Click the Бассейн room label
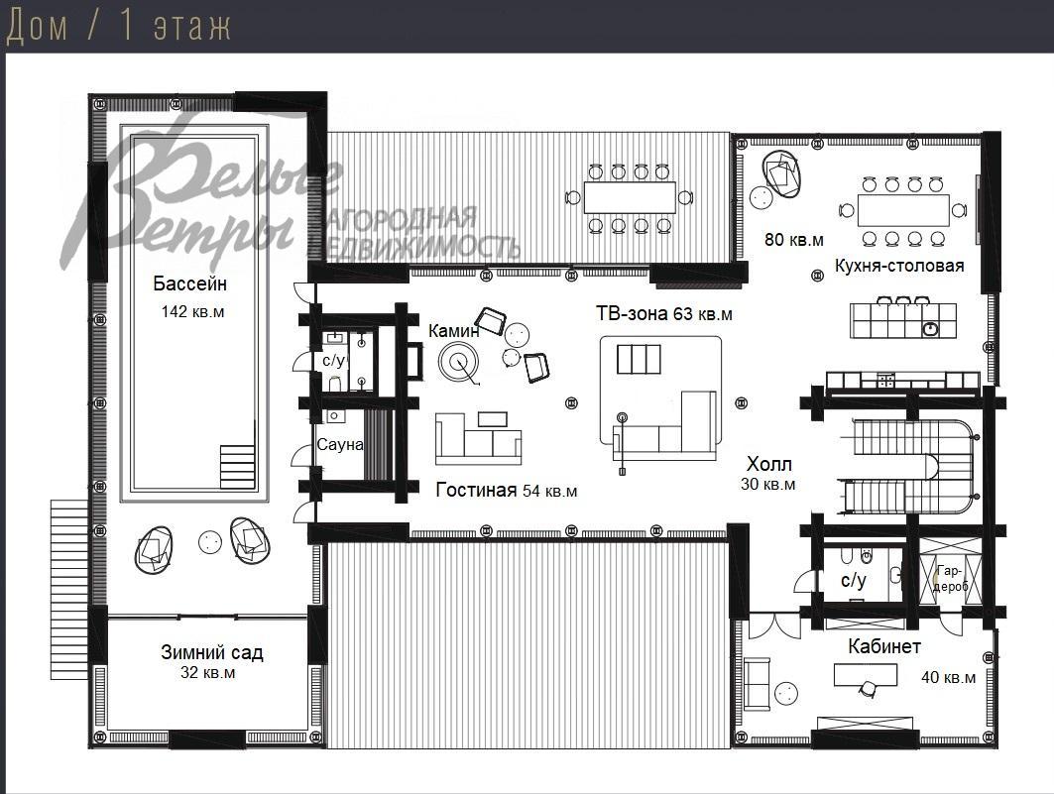pos(189,284)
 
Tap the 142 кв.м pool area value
pos(193,311)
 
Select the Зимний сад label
pos(212,652)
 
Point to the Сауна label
pos(340,445)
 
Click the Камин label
pos(454,330)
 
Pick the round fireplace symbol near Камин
pos(458,362)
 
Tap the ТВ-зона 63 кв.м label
pos(664,313)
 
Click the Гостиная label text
pos(476,491)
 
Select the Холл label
pos(769,464)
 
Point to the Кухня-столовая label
pos(899,266)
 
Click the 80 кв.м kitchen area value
pos(794,240)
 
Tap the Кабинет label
pos(884,646)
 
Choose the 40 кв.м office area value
pos(949,677)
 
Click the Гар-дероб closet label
pos(950,578)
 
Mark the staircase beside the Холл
pos(907,466)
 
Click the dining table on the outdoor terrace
pos(630,197)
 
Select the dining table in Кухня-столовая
pos(903,210)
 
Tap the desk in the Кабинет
pos(866,674)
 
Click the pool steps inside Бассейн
pos(238,467)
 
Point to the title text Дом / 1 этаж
pos(118,27)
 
